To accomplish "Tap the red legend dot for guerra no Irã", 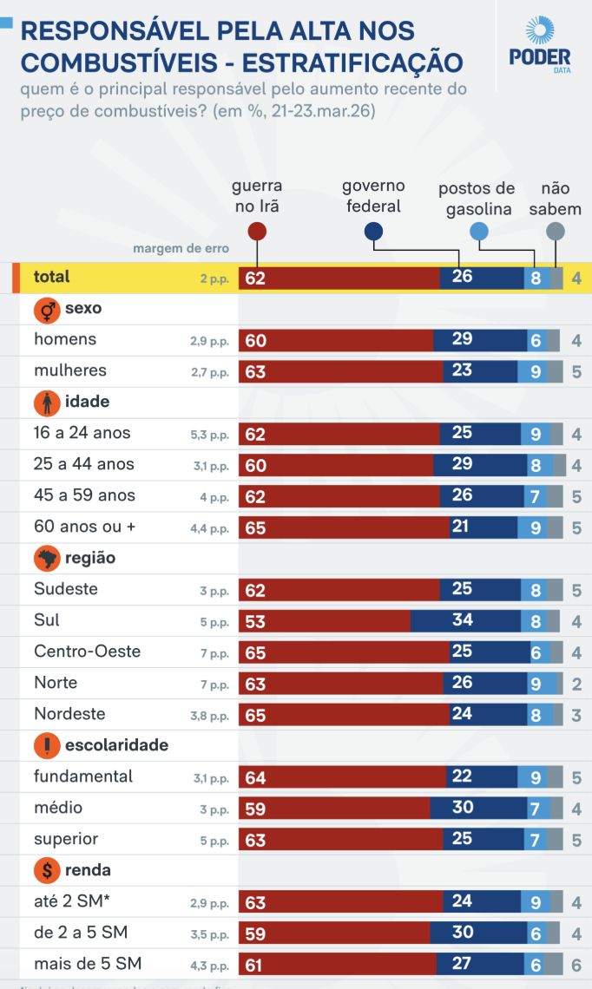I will (256, 232).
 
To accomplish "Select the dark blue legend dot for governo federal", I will (373, 231).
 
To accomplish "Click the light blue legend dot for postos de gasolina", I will (478, 231).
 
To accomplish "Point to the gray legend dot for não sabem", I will (556, 231).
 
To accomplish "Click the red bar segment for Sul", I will (325, 620).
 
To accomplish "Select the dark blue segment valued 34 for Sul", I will (465, 620).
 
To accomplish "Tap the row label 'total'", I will (51, 277).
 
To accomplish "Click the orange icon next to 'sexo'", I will (46, 309).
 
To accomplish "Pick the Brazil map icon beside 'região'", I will (46, 558).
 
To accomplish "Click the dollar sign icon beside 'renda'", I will (46, 870).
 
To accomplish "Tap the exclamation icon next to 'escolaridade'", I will (46, 745).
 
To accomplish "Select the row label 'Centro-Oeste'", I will (87, 652).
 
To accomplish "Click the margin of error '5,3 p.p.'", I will (209, 434).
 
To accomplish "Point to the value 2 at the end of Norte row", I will (576, 684).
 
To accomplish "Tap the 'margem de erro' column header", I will (181, 249).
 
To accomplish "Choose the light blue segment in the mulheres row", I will (536, 371).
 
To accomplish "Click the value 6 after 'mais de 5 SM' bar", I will (576, 965).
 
